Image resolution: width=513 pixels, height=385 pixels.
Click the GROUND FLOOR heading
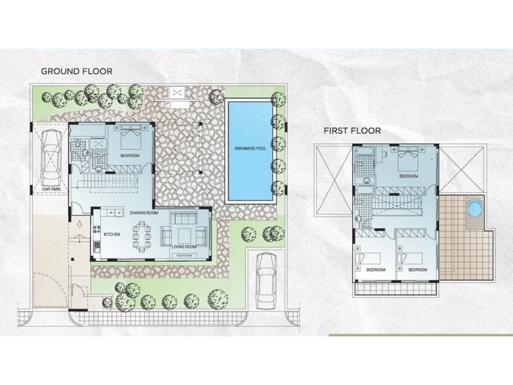click(77, 71)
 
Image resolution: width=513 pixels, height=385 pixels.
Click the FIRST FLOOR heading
click(352, 131)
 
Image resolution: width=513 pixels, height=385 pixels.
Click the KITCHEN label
click(112, 234)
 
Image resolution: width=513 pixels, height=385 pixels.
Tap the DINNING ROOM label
click(144, 213)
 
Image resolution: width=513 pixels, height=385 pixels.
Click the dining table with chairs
click(141, 238)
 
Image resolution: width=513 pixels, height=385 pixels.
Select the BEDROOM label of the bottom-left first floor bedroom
click(375, 270)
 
